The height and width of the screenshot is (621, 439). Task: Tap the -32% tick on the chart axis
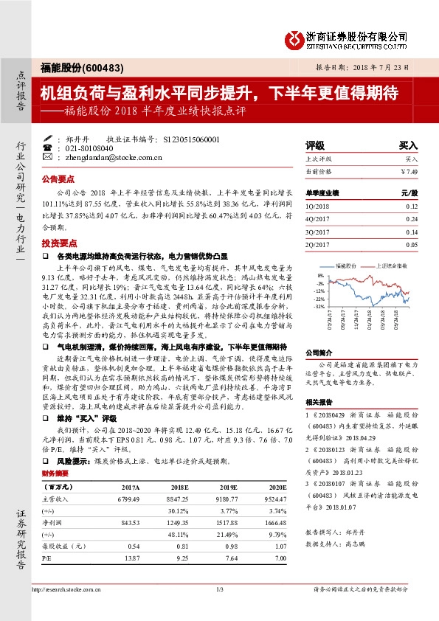pos(319,306)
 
